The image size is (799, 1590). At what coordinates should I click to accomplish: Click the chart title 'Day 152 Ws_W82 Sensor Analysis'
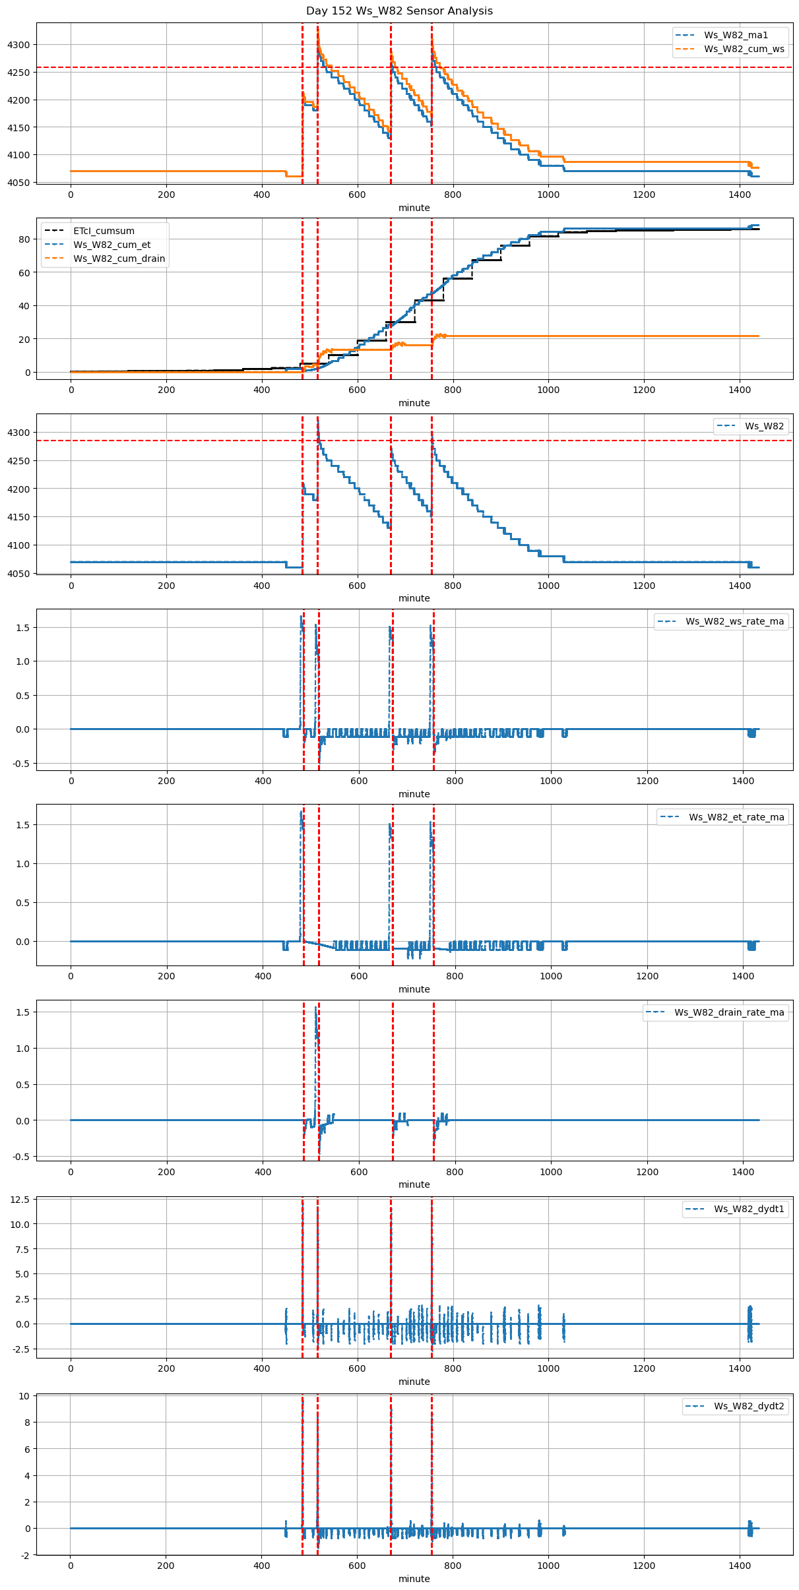pos(399,11)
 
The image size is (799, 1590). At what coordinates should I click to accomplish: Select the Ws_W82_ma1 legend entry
pos(736,35)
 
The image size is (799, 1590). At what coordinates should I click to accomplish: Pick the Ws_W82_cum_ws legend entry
pos(744,49)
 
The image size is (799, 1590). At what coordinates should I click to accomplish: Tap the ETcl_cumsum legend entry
pos(104,231)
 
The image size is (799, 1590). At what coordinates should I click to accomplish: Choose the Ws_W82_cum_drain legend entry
pos(119,259)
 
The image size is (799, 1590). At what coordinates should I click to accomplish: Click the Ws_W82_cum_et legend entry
pos(112,245)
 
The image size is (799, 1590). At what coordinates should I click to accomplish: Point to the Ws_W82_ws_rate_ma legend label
pos(734,621)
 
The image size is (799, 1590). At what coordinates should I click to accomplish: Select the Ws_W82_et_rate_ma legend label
pos(736,817)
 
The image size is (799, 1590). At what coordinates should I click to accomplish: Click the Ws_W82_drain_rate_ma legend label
pos(729,1012)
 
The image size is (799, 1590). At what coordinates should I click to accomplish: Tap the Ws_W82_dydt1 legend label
pos(749,1209)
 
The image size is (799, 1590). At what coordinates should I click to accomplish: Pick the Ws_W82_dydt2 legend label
pos(749,1407)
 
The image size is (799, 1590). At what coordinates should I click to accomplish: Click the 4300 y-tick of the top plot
pos(18,45)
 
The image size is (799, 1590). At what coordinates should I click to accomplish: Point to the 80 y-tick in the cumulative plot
pos(24,239)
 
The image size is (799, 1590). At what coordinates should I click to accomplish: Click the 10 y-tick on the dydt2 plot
pos(24,1396)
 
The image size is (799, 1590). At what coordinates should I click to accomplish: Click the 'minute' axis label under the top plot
pos(414,208)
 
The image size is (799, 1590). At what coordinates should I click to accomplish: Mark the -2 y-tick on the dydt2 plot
pos(24,1556)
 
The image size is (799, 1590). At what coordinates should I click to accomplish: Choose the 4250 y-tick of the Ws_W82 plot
pos(18,461)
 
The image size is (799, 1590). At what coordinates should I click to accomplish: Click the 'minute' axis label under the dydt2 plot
pos(414,1579)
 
